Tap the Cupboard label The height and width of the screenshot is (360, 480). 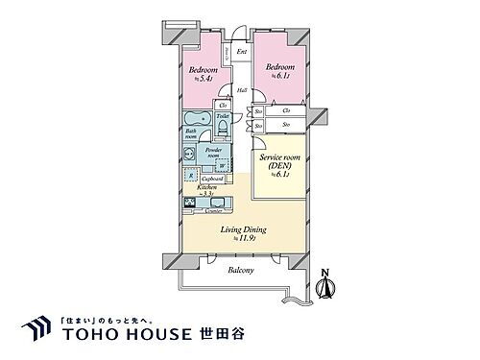click(215, 179)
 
